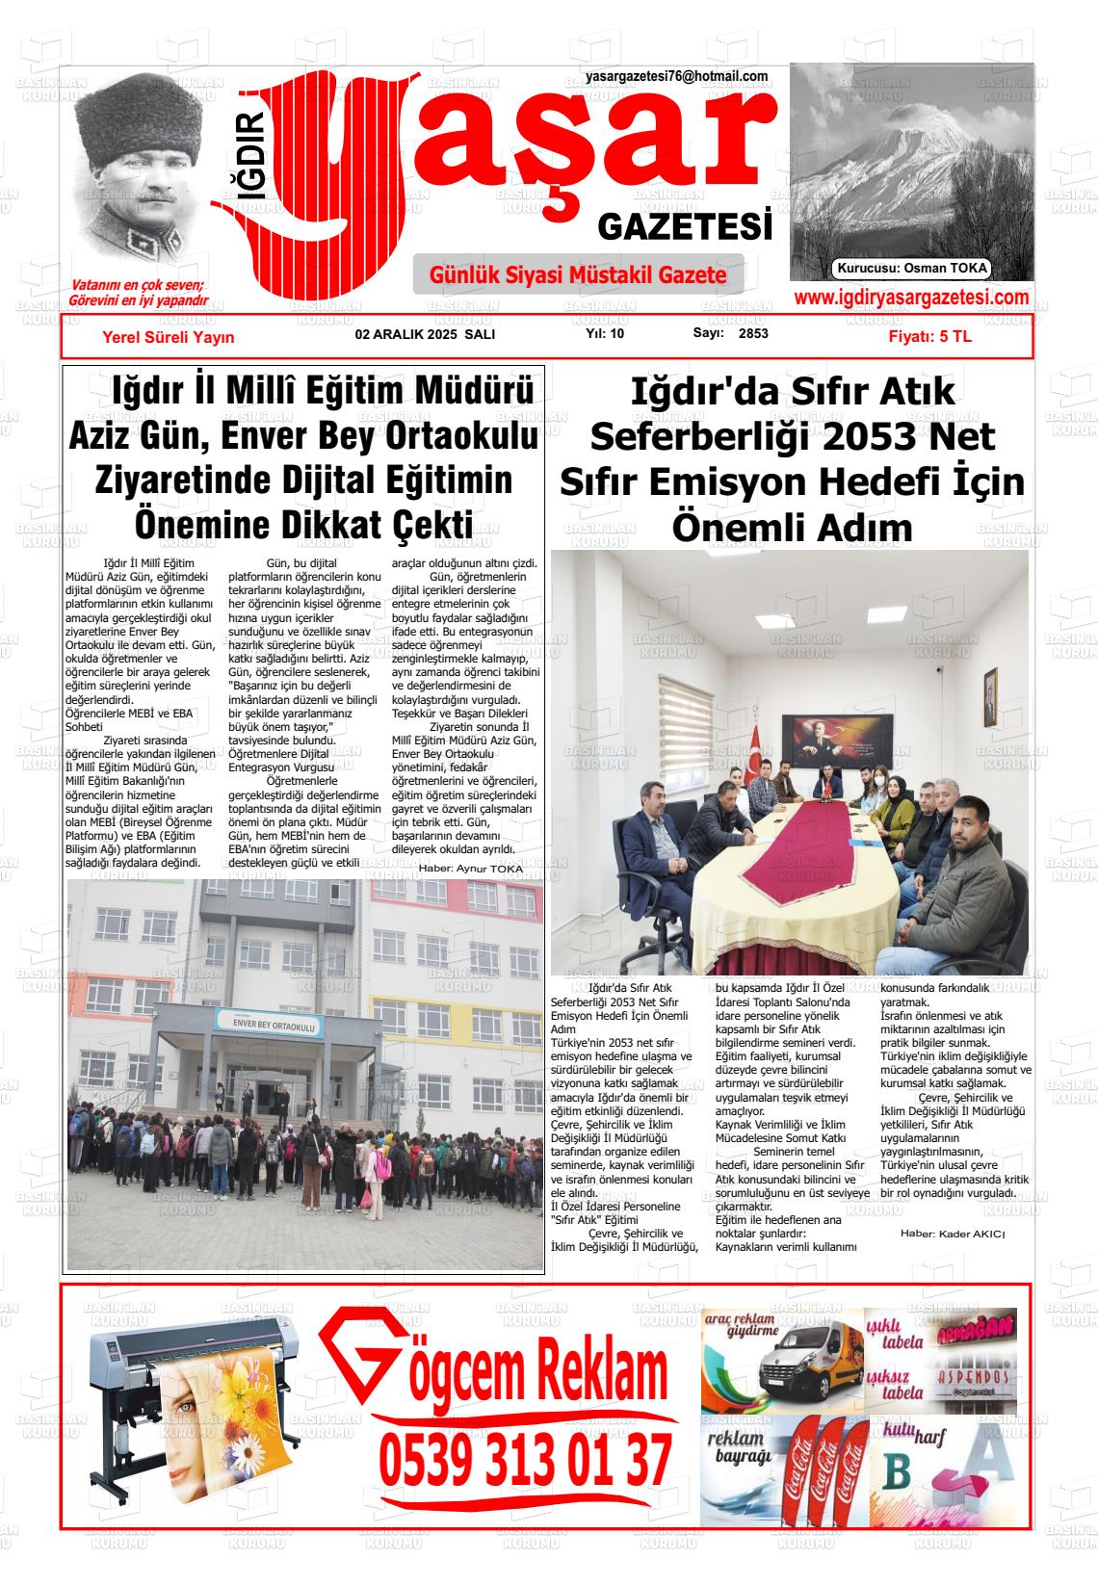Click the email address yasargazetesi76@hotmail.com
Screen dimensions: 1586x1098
(676, 77)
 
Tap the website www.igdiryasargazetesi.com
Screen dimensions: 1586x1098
(911, 299)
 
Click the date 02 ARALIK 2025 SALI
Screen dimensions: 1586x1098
(425, 334)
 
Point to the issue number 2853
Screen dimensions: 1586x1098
(753, 334)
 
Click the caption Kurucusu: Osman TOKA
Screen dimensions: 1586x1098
(912, 269)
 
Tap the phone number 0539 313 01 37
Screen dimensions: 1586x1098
(525, 1460)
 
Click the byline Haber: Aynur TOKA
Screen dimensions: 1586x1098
(470, 869)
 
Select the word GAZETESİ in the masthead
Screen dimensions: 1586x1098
(686, 227)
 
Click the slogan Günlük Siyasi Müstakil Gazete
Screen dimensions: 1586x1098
(578, 275)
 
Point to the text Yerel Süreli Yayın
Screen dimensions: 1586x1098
(169, 337)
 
